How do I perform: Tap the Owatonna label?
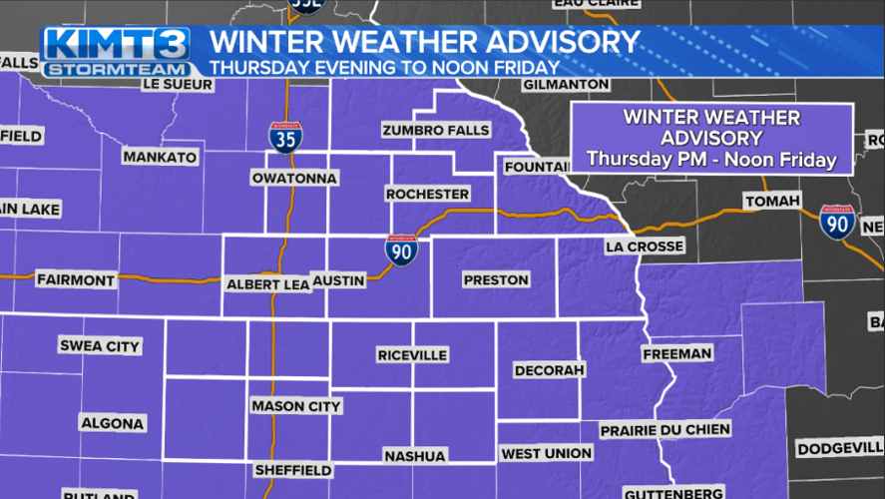pos(294,178)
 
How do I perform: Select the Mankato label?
pos(160,157)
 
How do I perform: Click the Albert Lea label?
pos(267,284)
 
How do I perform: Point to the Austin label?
pos(339,281)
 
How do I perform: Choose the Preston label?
pos(496,280)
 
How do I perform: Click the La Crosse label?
pos(644,247)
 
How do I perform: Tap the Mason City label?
pos(296,406)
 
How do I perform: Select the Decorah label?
pos(548,370)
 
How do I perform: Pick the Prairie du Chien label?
pos(665,430)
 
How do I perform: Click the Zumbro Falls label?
pos(436,131)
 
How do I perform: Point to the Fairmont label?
pos(76,280)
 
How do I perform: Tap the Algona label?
pos(112,423)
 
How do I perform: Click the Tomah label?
pos(772,202)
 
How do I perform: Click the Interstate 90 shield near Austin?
pos(401,251)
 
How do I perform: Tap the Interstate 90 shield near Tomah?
pos(836,221)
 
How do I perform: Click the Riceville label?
pos(412,355)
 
